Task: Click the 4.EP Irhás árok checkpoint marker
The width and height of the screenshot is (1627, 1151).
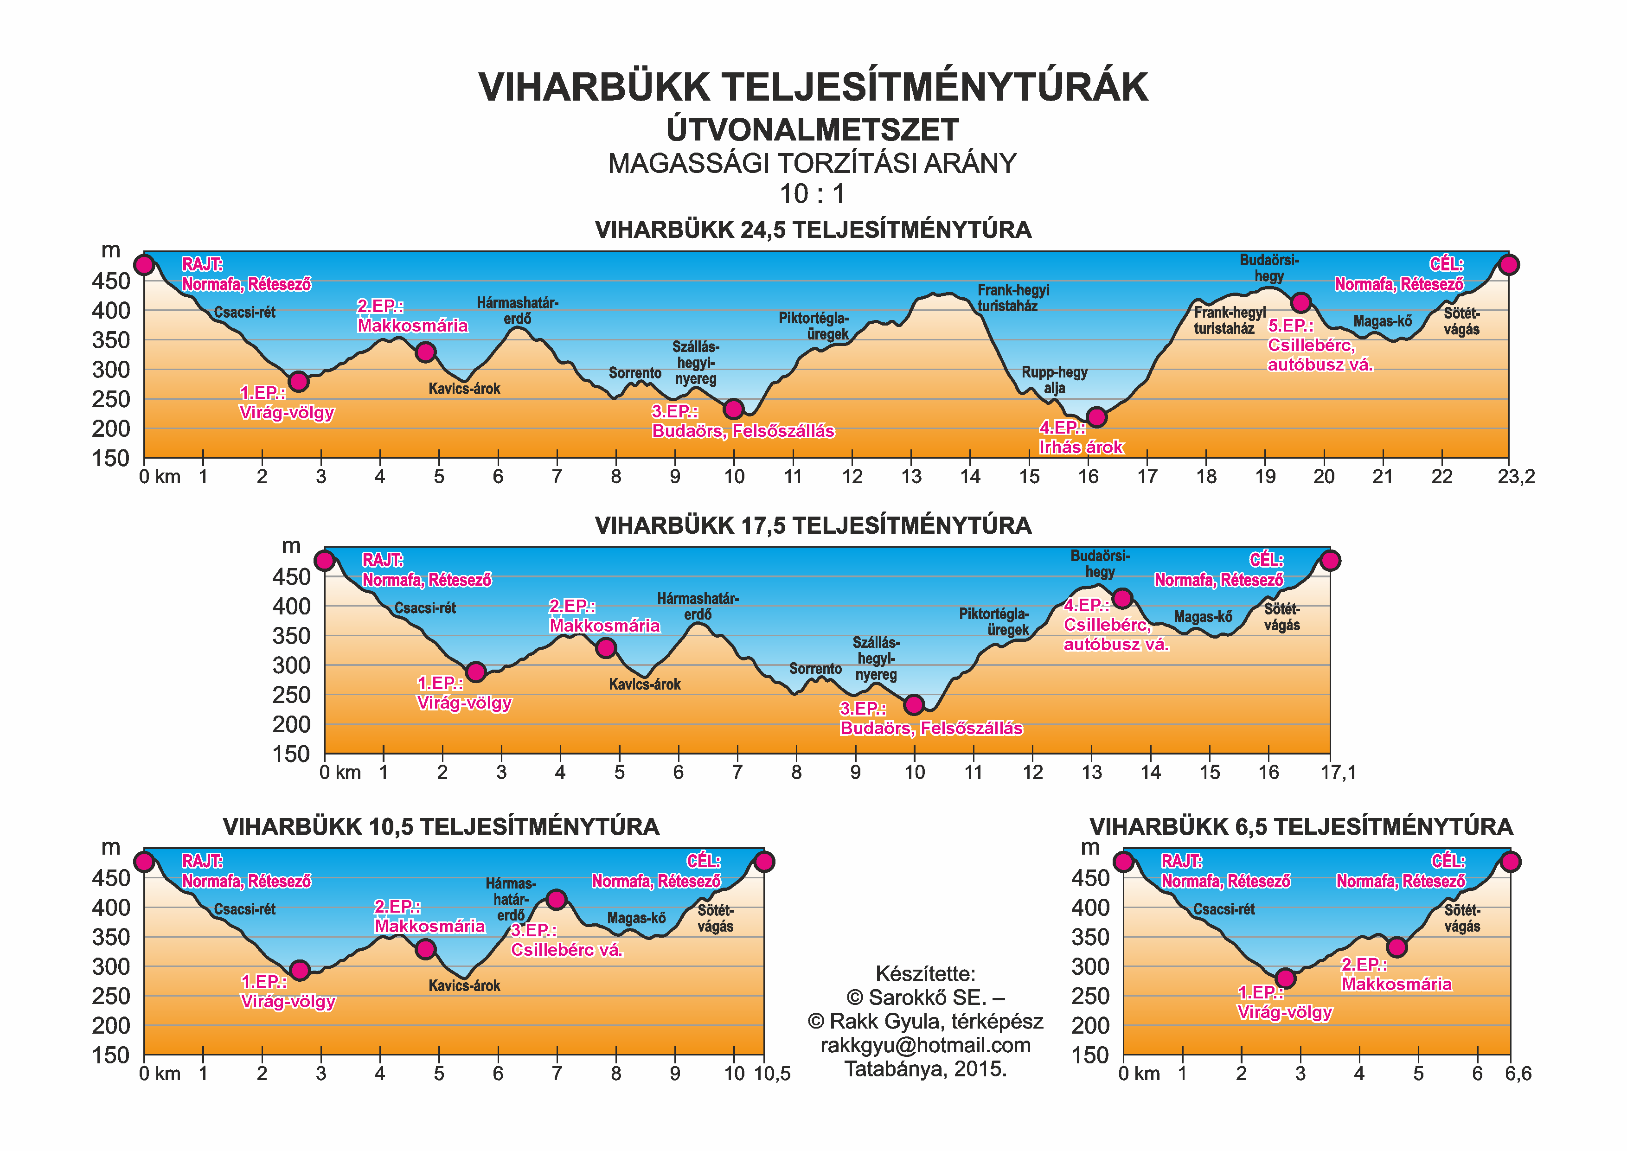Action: pyautogui.click(x=1096, y=417)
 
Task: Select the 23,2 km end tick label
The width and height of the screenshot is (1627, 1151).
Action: pyautogui.click(x=1516, y=477)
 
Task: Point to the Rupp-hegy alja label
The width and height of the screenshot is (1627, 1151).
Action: pyautogui.click(x=1054, y=380)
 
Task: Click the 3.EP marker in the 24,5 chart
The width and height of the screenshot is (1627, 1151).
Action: pyautogui.click(x=733, y=409)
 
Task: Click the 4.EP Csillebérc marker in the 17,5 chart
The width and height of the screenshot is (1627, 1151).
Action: pyautogui.click(x=1122, y=598)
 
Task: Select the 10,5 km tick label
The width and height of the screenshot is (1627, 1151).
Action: pyautogui.click(x=772, y=1074)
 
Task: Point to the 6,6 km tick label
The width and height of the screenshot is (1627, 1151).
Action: pyautogui.click(x=1518, y=1074)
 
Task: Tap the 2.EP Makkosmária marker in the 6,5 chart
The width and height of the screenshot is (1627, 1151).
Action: pyautogui.click(x=1396, y=947)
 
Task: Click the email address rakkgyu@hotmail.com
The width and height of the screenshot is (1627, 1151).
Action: pyautogui.click(x=925, y=1045)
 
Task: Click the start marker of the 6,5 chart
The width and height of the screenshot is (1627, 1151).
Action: pyautogui.click(x=1124, y=862)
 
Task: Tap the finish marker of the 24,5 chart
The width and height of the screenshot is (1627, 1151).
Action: pyautogui.click(x=1509, y=265)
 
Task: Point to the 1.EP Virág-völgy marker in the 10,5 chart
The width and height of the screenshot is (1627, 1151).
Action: pyautogui.click(x=300, y=970)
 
